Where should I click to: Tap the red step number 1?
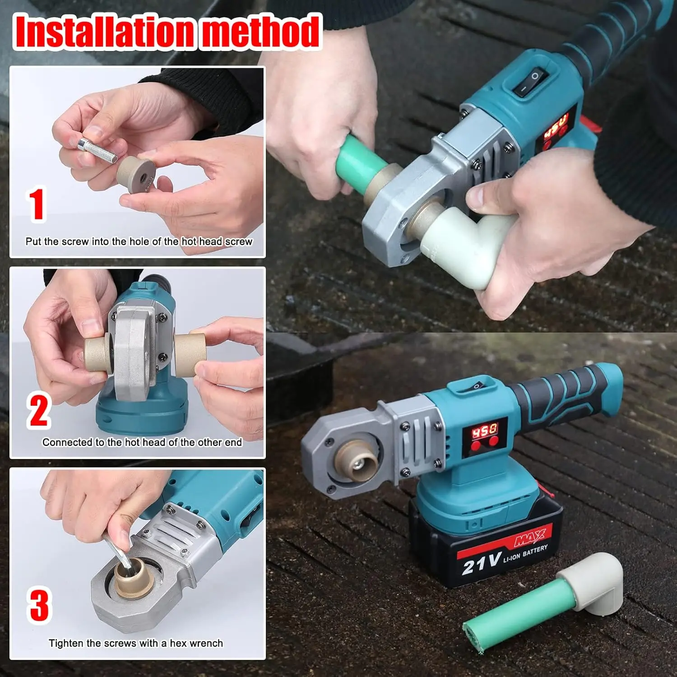pos(37,204)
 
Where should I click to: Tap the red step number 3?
pos(39,604)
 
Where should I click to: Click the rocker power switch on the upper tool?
pos(530,82)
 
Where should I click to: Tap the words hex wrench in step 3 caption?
pos(196,643)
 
